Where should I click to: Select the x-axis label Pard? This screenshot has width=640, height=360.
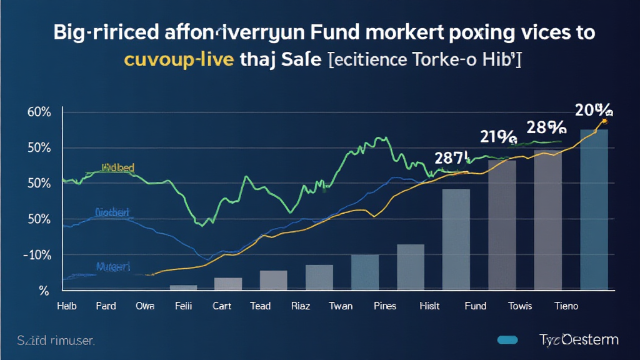(x=106, y=306)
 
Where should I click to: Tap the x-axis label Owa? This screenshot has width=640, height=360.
(x=144, y=306)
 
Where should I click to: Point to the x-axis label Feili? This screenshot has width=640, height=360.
(x=183, y=306)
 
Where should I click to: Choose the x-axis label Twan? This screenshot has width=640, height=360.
(x=340, y=306)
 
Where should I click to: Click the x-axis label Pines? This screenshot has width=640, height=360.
(x=384, y=306)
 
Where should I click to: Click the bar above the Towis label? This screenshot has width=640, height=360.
(x=502, y=225)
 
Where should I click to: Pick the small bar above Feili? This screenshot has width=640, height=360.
(x=183, y=287)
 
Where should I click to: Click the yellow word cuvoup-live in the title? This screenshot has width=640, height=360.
(x=179, y=60)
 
